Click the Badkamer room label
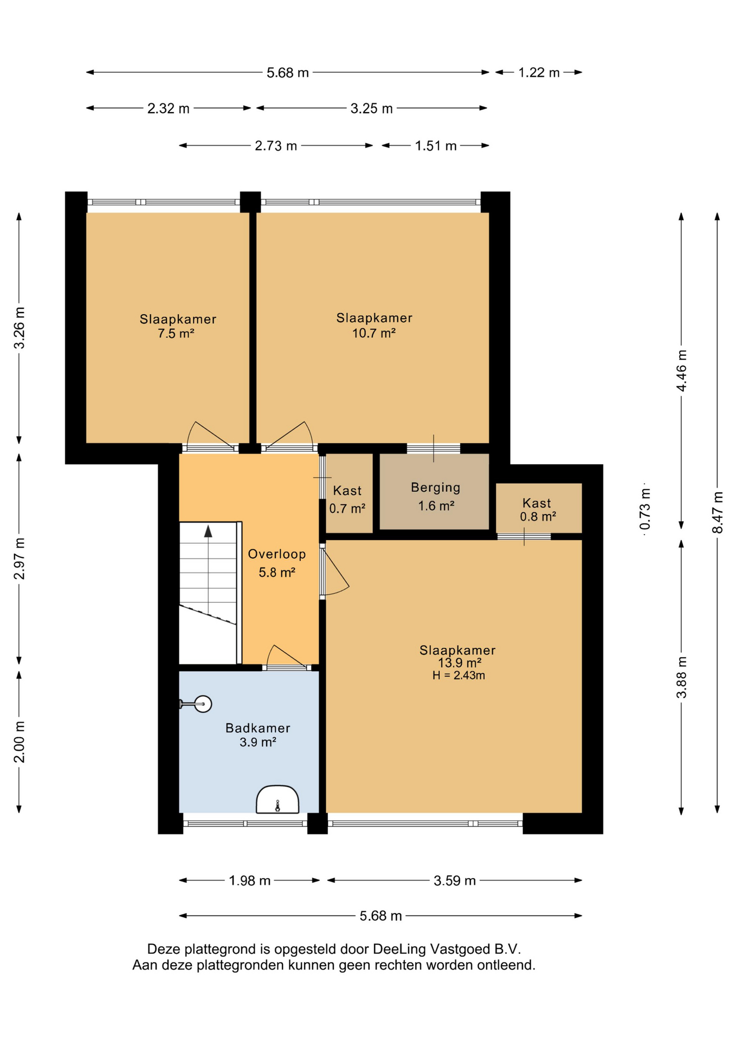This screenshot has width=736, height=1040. pos(257,728)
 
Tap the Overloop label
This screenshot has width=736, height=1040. pos(277,554)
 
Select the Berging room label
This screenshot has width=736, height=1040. pos(436,488)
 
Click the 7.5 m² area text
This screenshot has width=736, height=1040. pos(176,334)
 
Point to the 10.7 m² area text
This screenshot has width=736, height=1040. pos(374,333)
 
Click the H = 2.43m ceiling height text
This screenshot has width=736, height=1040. pos(459,675)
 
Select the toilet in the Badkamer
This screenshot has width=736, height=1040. pos(277,799)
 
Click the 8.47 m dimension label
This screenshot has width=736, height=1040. pos(718,512)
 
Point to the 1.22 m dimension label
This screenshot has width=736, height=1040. pos(539,73)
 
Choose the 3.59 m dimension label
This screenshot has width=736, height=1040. pos(455,881)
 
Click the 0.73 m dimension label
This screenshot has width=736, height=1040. pos(645,509)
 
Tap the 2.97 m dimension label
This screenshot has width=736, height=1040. pos(20,558)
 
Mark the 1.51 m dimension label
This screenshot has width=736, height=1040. pos(436,146)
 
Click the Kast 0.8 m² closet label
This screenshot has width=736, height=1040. pos(538,510)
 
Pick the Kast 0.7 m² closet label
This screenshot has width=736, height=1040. pos(347,499)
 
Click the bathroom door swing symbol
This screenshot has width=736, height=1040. pos(287,656)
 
